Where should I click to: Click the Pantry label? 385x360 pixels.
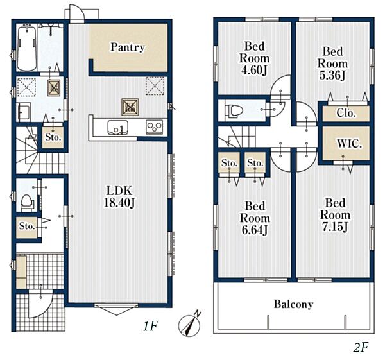coord(128,47)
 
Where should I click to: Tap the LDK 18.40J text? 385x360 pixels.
coord(119,197)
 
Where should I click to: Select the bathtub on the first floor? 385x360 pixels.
coord(27,48)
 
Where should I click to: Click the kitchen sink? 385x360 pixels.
coord(118,128)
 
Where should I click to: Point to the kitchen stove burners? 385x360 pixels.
coord(155,127)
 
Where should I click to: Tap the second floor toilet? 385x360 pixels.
coord(234,111)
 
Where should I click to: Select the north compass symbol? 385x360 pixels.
coord(190,324)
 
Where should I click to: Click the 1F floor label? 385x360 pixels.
coord(150,326)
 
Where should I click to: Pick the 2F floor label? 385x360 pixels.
coord(361,347)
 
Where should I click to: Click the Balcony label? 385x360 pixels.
coord(293,304)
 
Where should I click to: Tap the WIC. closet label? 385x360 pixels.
coord(350,144)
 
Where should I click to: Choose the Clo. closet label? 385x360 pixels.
coord(346,113)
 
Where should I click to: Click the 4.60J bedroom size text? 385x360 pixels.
coord(255,70)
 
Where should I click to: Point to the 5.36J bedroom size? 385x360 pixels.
coord(332,75)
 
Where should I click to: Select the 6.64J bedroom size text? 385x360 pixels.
coord(255,230)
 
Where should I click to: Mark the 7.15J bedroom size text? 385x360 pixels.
coord(335,227)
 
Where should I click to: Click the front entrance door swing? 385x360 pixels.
coord(40,304)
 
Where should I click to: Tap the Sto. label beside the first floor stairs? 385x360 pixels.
coord(53,137)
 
